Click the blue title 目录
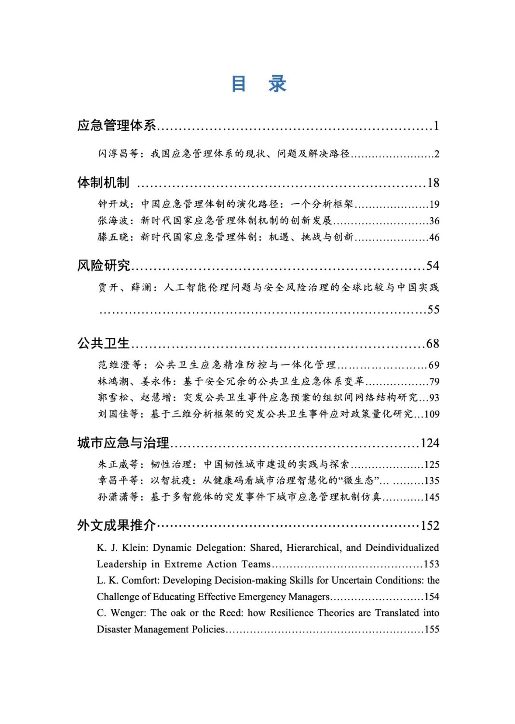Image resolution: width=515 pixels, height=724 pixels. (x=259, y=84)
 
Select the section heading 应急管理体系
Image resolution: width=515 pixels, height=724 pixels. (x=117, y=125)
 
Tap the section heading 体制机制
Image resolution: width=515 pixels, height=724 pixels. (x=103, y=183)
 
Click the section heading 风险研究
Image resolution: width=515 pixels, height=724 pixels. (x=104, y=265)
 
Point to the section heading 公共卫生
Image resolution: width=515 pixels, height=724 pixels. (x=104, y=343)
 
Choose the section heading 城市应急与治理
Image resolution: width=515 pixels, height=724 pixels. (x=123, y=442)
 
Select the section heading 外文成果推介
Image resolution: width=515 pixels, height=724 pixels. (x=117, y=525)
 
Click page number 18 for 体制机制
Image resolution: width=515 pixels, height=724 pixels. (x=433, y=183)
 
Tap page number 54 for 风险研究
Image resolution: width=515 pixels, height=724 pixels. (x=433, y=266)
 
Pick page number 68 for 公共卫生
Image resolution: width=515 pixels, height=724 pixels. (x=433, y=344)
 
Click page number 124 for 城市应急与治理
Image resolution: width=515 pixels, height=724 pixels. (x=430, y=443)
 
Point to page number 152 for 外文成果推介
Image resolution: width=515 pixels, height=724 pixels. (x=430, y=525)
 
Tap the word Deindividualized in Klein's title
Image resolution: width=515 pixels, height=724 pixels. (x=402, y=548)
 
